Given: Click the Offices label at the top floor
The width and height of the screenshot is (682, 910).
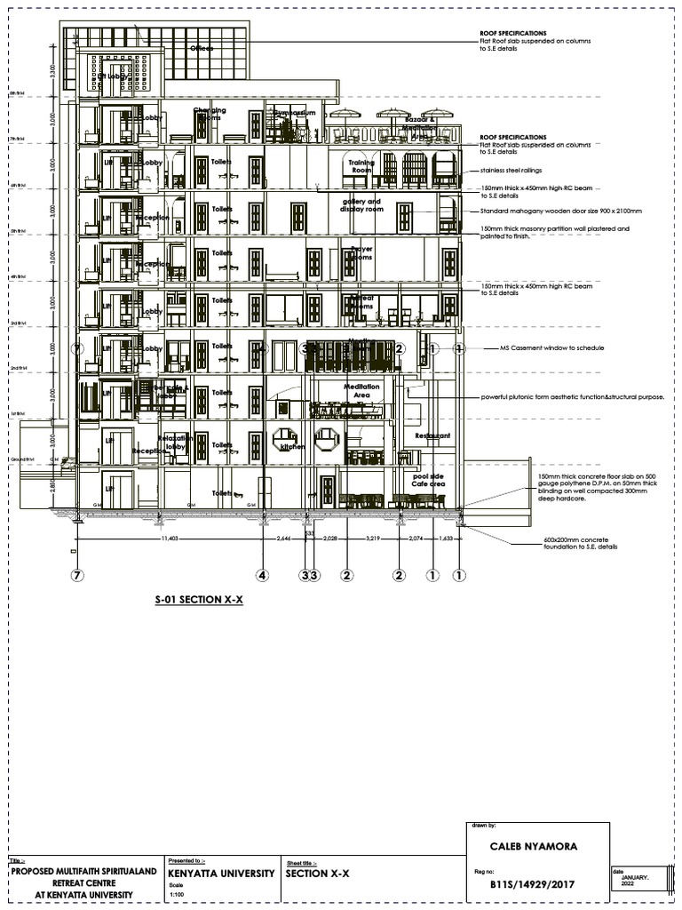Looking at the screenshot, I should point(201,48).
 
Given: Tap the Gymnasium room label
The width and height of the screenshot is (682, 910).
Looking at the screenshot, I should point(293,114).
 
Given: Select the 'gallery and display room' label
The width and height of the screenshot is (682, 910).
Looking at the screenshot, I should point(361,205).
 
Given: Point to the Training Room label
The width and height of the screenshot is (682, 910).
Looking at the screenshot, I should point(361,166).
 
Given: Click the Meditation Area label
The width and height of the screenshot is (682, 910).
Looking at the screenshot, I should point(361,390).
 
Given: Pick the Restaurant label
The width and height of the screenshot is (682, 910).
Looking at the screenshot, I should point(432,436).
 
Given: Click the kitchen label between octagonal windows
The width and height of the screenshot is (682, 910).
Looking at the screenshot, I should point(292,447).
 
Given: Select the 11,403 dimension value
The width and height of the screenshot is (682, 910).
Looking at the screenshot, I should point(167,539).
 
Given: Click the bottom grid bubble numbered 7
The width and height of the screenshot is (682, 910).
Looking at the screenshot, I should point(77,575).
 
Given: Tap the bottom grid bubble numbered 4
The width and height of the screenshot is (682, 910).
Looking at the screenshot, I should point(262,575).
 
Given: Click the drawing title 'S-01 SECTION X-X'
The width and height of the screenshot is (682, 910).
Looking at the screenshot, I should point(199,601).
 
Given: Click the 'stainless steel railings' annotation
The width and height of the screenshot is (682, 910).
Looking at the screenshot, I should point(511,170).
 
